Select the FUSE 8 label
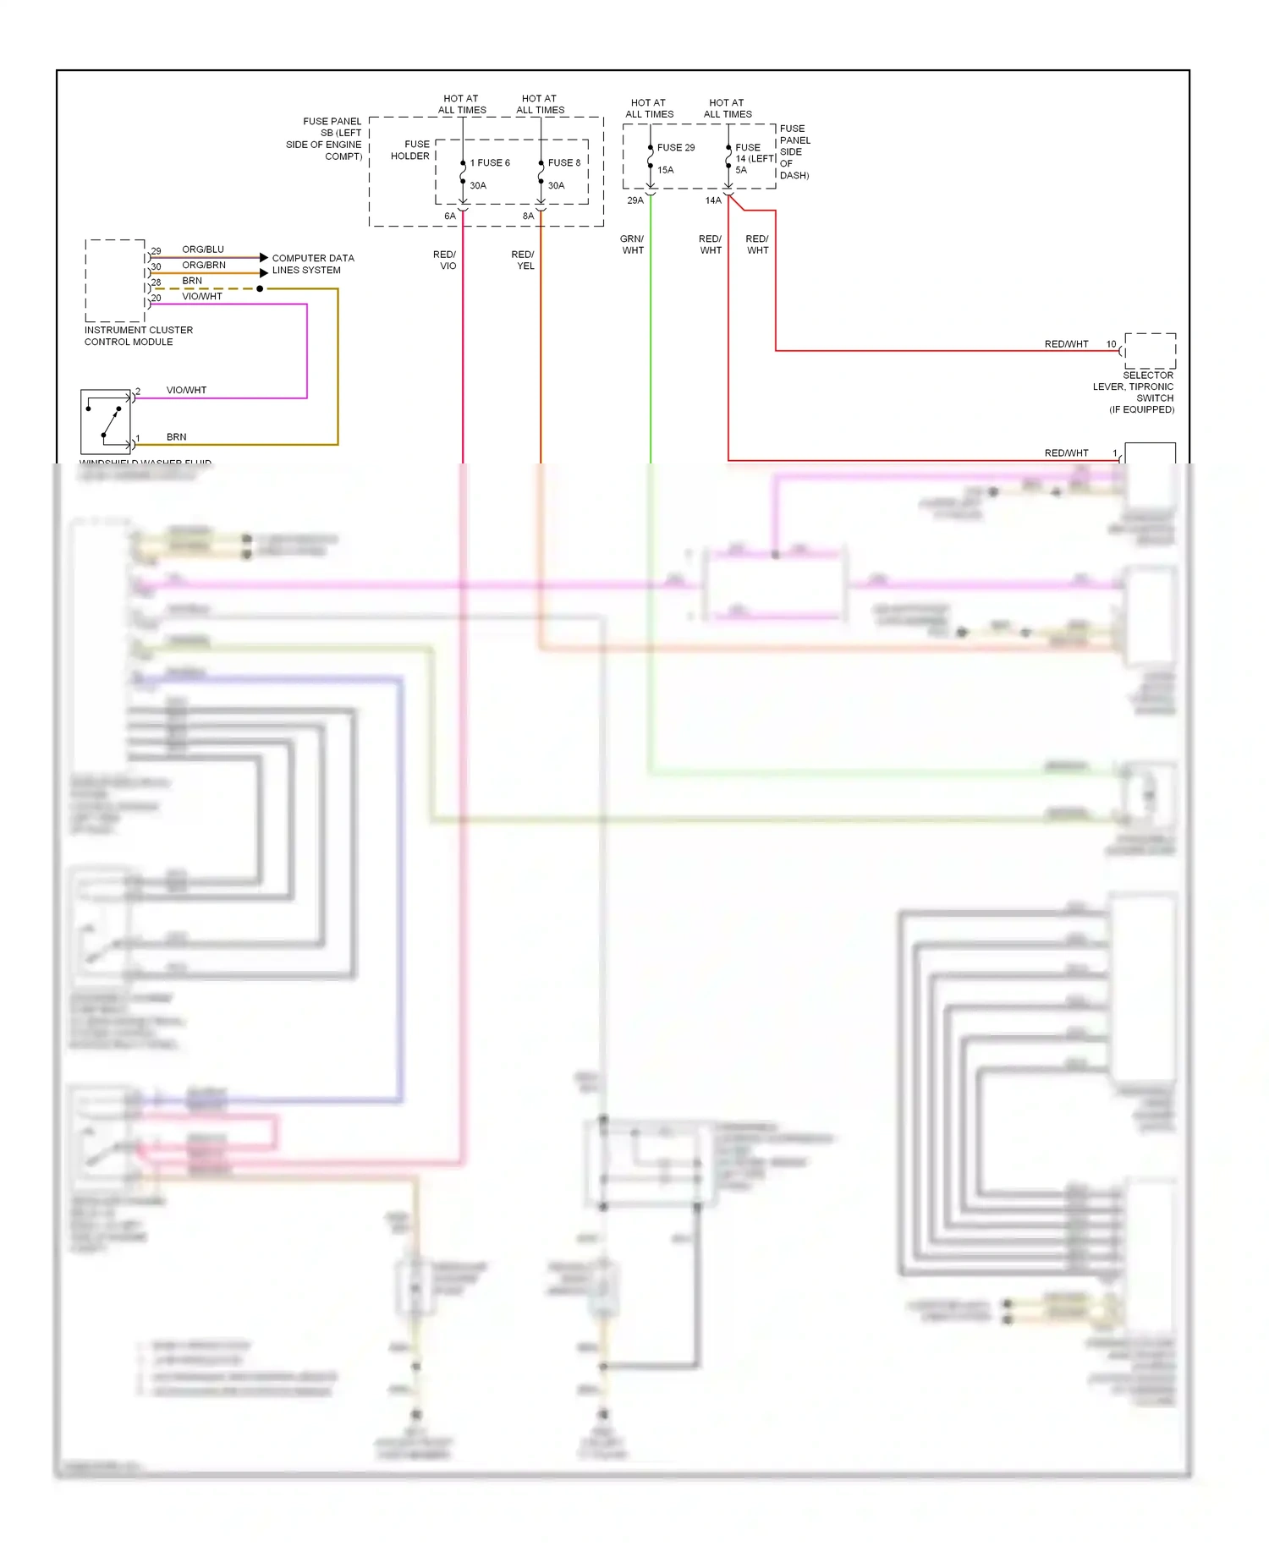click(564, 162)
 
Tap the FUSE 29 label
click(676, 147)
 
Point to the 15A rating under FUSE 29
click(666, 170)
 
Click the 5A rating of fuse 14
click(741, 170)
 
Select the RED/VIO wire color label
click(445, 260)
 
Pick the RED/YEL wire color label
click(523, 260)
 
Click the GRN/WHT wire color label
click(632, 244)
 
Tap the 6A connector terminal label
click(450, 217)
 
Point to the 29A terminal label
click(635, 200)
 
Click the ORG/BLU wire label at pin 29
click(203, 249)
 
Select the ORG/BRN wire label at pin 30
click(204, 265)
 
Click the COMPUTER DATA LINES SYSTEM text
click(312, 264)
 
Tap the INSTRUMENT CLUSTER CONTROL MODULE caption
click(138, 336)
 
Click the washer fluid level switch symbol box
click(106, 421)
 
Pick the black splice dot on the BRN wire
click(260, 288)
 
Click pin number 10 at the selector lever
click(1111, 344)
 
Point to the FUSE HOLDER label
click(410, 150)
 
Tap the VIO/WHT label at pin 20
click(202, 296)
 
